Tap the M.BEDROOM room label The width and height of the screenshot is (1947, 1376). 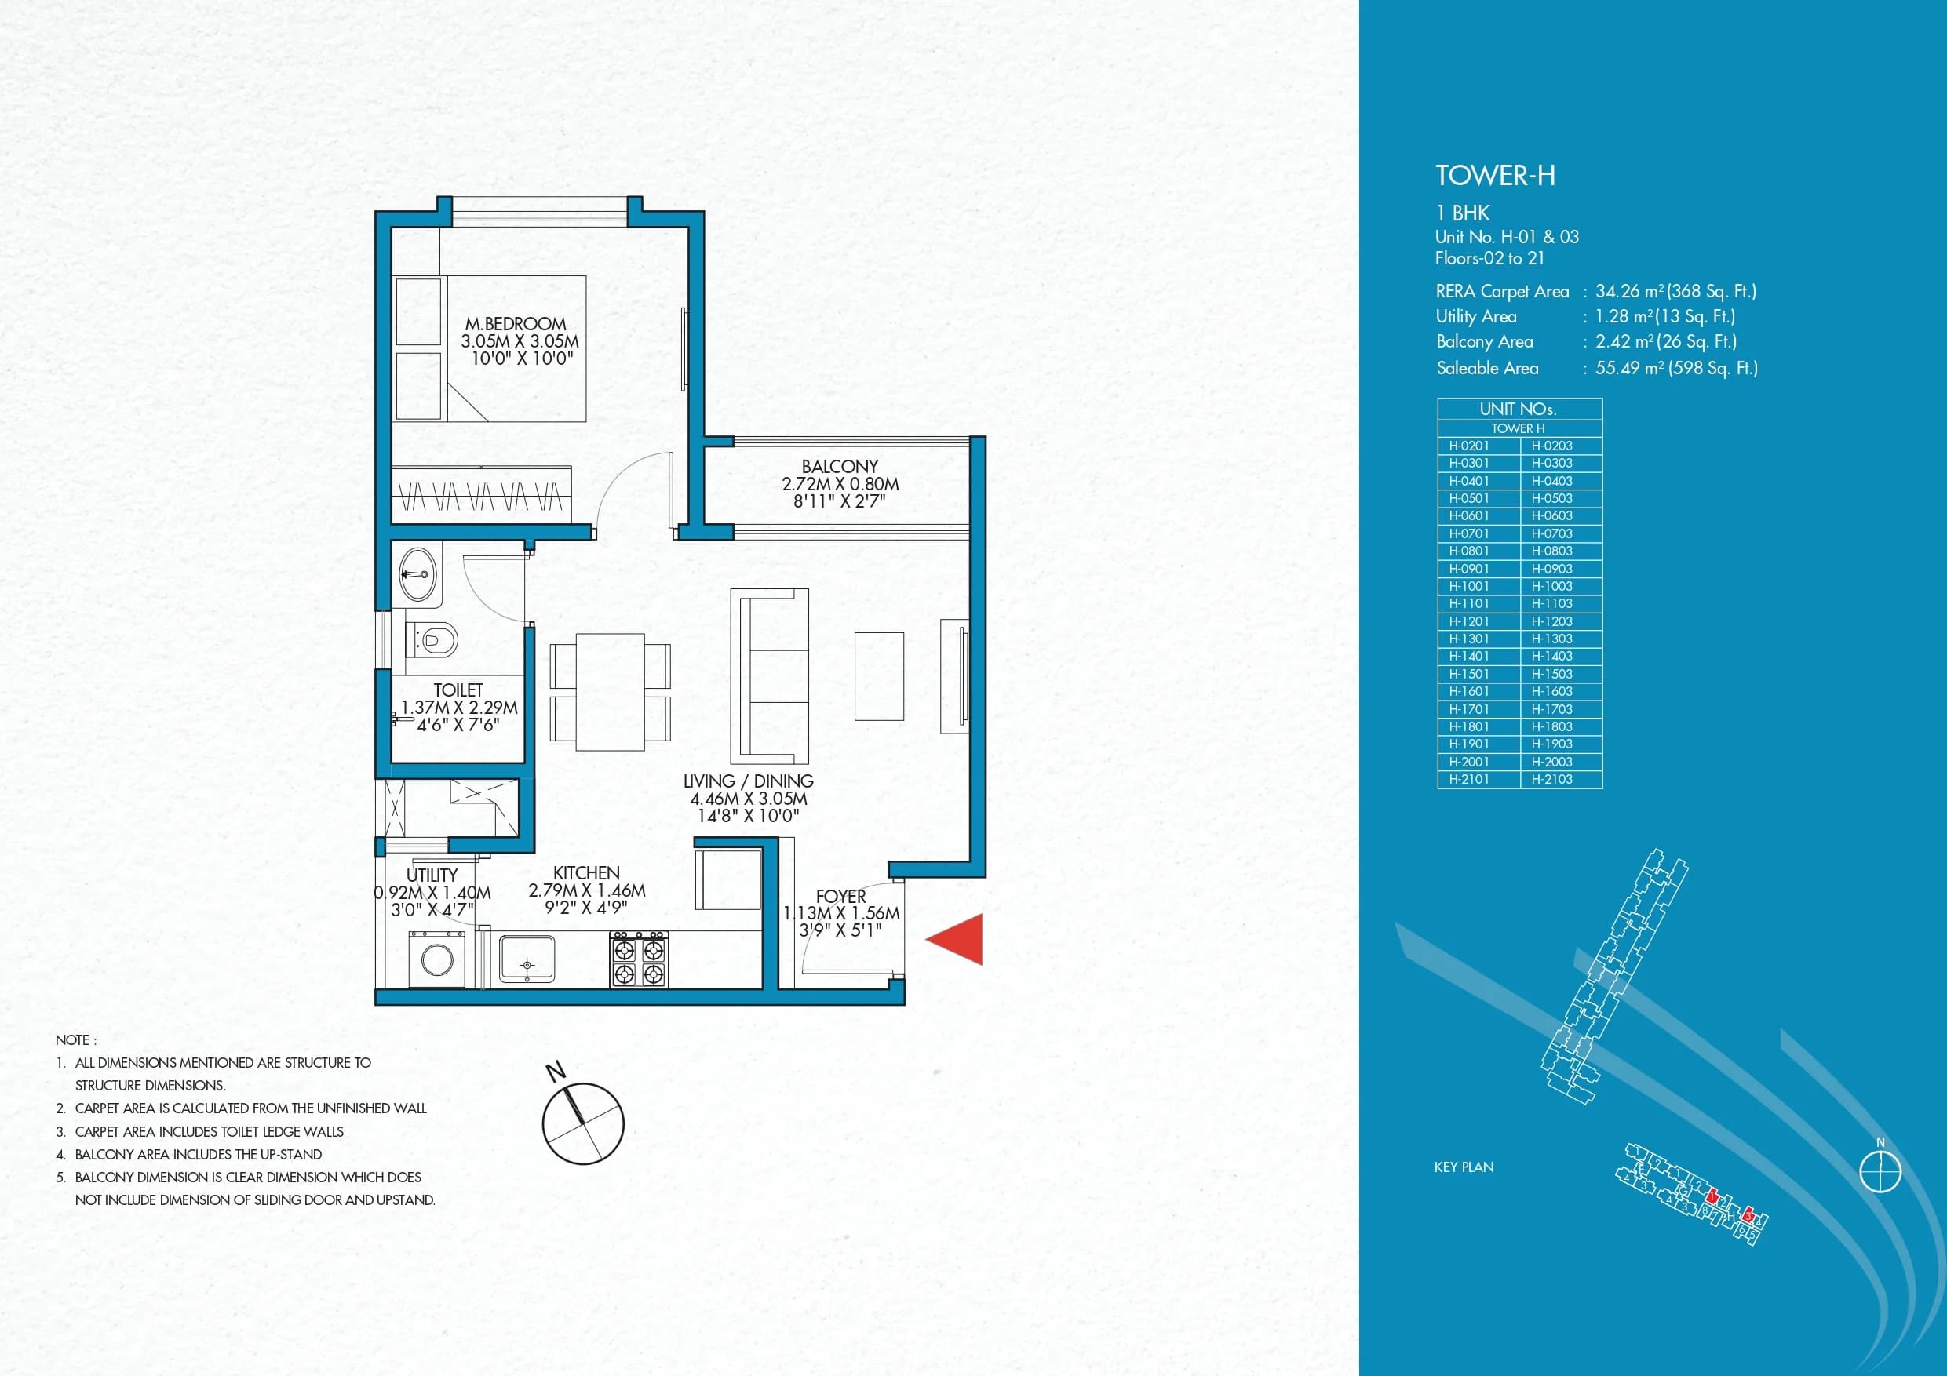[x=516, y=324]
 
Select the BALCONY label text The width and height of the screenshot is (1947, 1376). [x=840, y=466]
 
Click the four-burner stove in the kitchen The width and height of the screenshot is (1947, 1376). [x=639, y=959]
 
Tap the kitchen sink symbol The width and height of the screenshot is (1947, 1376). [x=527, y=959]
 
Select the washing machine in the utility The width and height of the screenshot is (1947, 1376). [x=436, y=959]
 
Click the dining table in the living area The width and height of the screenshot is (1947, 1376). [x=610, y=691]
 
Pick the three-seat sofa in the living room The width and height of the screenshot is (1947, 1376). [x=770, y=675]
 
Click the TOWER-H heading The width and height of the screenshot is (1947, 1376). [x=1495, y=177]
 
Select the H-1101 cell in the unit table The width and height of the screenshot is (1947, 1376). [x=1469, y=603]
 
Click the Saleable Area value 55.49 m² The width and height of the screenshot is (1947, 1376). [x=1675, y=368]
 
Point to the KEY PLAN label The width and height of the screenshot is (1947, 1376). [x=1464, y=1167]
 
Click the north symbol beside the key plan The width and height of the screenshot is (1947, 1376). [x=1880, y=1173]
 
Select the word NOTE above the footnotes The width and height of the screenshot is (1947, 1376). [x=75, y=1040]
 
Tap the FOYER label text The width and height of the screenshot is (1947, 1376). [x=840, y=896]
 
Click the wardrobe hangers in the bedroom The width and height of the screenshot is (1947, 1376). [x=481, y=495]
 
